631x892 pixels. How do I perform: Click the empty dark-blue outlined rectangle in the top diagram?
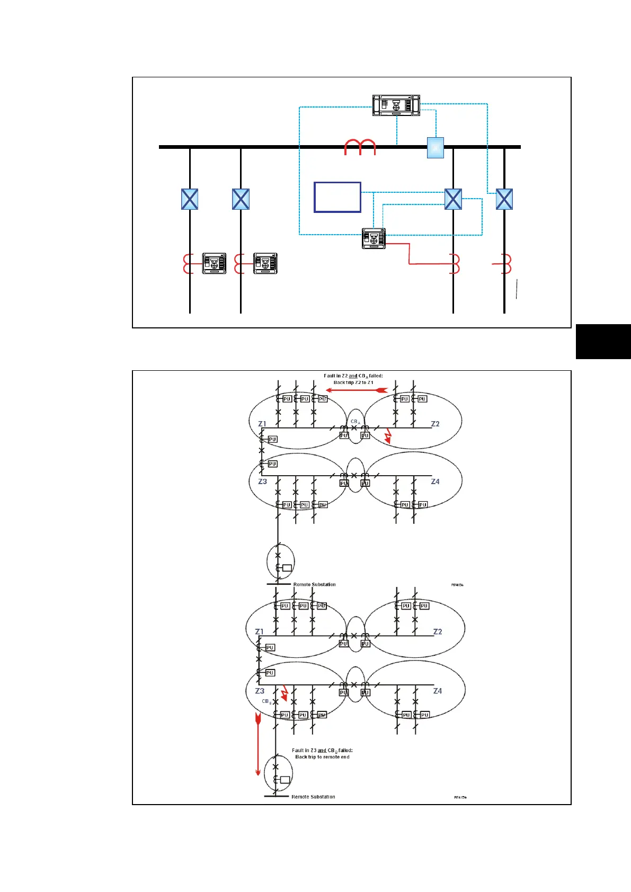(x=337, y=197)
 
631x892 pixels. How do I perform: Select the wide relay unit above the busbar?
(x=396, y=105)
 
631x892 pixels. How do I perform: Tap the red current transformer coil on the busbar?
(x=360, y=147)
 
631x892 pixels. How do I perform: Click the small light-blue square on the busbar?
(x=436, y=148)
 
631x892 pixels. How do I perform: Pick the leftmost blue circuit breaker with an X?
(x=190, y=199)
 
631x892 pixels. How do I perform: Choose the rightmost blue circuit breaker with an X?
(x=504, y=199)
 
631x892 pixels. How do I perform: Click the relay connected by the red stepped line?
(x=374, y=238)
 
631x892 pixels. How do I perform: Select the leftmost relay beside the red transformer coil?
(x=214, y=263)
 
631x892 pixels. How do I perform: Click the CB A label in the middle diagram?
(x=355, y=422)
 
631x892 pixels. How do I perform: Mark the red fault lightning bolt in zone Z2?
(x=388, y=435)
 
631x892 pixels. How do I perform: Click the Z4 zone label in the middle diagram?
(x=435, y=481)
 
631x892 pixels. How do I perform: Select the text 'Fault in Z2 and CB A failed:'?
(x=353, y=376)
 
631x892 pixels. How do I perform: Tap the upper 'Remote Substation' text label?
(x=314, y=584)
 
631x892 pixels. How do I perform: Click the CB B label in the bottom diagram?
(x=266, y=701)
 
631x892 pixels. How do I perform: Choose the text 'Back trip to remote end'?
(x=322, y=757)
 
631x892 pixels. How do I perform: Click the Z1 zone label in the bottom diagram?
(x=259, y=631)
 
